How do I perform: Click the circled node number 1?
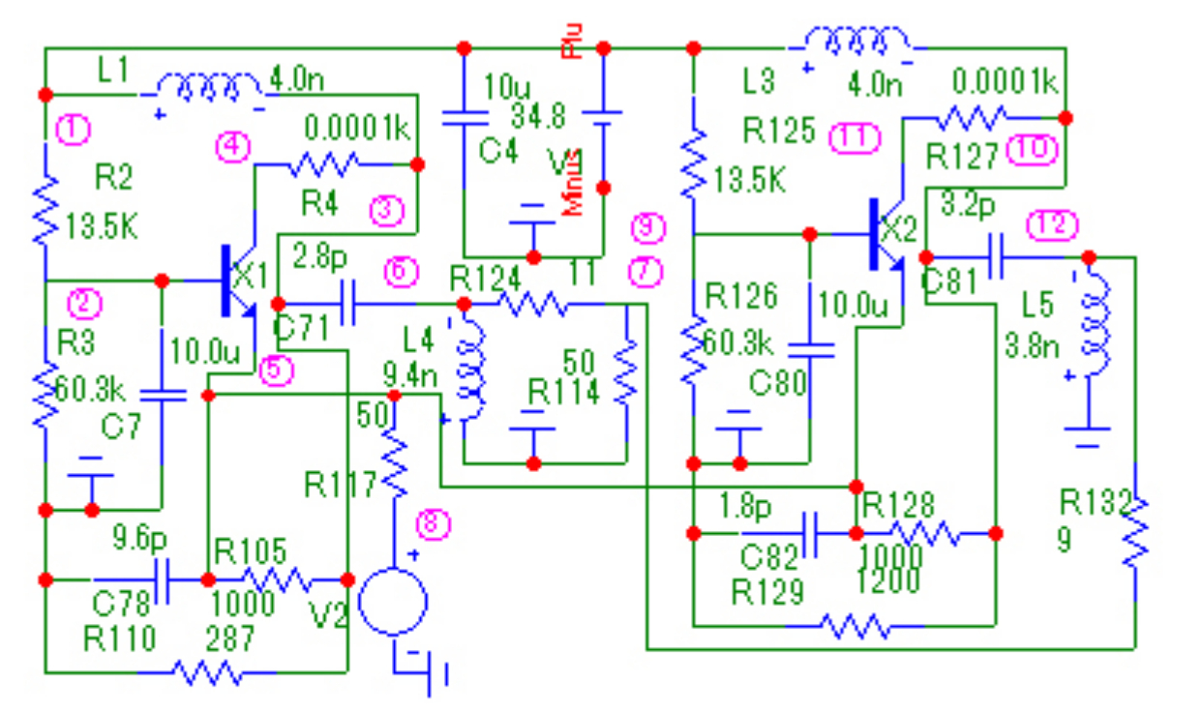73,126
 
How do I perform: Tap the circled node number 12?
1051,225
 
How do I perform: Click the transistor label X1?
251,275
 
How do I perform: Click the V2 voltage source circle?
392,601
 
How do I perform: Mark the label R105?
251,552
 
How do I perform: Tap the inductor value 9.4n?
407,370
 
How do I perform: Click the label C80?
777,384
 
